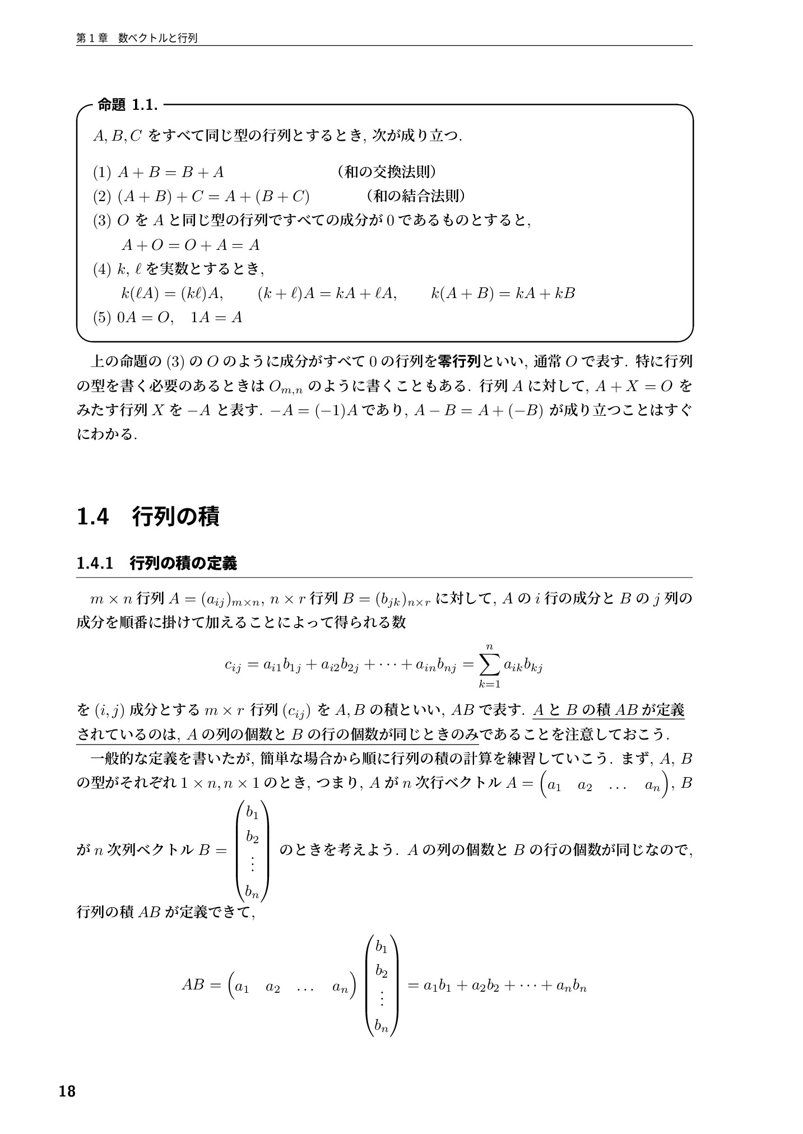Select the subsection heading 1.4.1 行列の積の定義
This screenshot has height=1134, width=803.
[x=156, y=563]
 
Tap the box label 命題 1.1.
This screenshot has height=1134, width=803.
[x=127, y=104]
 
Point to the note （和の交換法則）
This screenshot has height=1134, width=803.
[x=386, y=172]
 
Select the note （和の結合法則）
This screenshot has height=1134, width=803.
[x=415, y=196]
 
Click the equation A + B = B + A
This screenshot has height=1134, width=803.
[x=170, y=173]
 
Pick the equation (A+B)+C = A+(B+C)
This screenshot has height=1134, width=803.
[x=213, y=197]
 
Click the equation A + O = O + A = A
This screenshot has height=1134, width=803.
[x=191, y=245]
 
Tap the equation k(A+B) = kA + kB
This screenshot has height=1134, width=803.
[x=503, y=293]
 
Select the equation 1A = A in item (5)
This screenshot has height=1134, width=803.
[x=216, y=318]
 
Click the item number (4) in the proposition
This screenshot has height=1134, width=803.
[x=103, y=269]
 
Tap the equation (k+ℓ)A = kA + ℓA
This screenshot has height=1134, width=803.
[x=327, y=293]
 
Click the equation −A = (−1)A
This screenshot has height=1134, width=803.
[x=313, y=411]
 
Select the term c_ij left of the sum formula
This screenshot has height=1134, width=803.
[x=232, y=666]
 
